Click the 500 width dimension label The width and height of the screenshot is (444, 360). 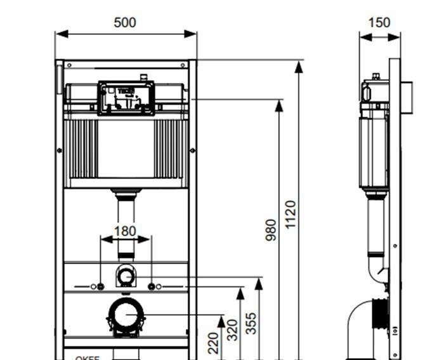pyautogui.click(x=125, y=22)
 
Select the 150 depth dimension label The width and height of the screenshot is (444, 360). pyautogui.click(x=379, y=22)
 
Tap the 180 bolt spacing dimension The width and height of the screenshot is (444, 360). pyautogui.click(x=125, y=231)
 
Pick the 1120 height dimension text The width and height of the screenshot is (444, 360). pyautogui.click(x=291, y=215)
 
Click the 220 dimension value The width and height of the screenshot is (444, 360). pyautogui.click(x=214, y=343)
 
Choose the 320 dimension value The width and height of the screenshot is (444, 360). pyautogui.click(x=233, y=330)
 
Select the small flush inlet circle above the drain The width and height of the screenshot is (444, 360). pyautogui.click(x=126, y=276)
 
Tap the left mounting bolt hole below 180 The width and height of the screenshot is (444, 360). pyautogui.click(x=100, y=286)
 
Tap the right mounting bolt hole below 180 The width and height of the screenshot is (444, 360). pyautogui.click(x=152, y=286)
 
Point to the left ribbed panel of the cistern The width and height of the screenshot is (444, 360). pyautogui.click(x=81, y=149)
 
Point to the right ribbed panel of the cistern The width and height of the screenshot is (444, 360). pyautogui.click(x=171, y=149)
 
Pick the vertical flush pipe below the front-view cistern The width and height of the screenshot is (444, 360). pyautogui.click(x=126, y=225)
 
